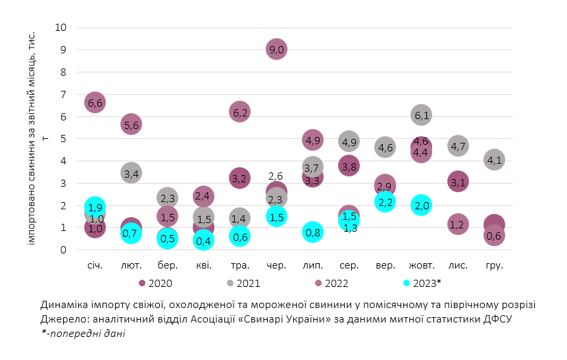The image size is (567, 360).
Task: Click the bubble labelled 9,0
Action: pos(276,49)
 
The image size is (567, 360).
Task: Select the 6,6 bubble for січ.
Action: pos(95,103)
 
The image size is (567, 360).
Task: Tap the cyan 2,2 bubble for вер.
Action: pos(385,201)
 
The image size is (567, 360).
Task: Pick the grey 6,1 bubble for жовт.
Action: pos(422,116)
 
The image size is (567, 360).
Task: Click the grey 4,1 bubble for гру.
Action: pos(494,160)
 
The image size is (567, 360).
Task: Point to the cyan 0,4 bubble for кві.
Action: pos(204,240)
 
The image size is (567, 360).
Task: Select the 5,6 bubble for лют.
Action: pos(131,125)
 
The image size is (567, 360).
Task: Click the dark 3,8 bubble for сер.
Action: pos(349,166)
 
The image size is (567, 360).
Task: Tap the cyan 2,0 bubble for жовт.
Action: pos(422,205)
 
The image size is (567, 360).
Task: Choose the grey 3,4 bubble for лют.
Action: pos(131,174)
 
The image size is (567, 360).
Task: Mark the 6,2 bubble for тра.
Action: pos(240,112)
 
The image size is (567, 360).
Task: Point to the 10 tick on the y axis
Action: pos(61,28)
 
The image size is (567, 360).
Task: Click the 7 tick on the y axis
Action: pos(63,94)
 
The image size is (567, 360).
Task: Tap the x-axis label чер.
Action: pos(276,265)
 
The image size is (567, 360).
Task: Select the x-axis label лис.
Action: pos(458,265)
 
